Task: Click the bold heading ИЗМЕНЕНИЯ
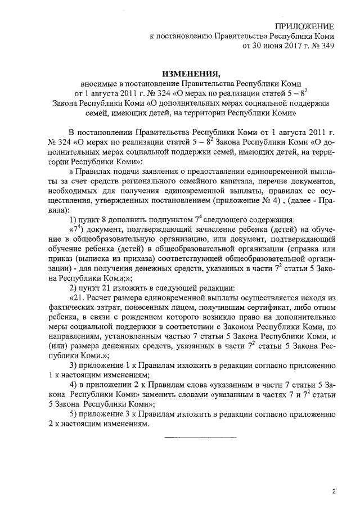(190, 74)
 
